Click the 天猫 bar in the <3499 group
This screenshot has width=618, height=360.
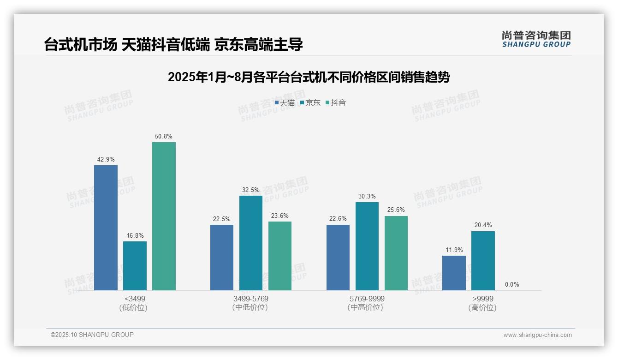tap(106, 228)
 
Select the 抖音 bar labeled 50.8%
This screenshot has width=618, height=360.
tap(164, 216)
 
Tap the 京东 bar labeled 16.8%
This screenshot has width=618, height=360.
tap(135, 265)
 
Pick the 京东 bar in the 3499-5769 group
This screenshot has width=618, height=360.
tap(251, 243)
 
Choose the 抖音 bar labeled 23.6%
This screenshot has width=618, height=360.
tap(280, 256)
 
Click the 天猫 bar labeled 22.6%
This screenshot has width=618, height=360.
tap(338, 258)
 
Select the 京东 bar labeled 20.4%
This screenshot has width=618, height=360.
tap(483, 261)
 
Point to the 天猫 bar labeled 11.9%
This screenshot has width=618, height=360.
tap(454, 273)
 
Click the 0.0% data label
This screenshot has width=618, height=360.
tap(512, 284)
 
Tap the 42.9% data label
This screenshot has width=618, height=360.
tap(106, 160)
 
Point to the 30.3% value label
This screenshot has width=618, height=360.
tap(367, 197)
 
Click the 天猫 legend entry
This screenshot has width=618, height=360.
tap(285, 103)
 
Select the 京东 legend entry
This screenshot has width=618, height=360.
tap(310, 103)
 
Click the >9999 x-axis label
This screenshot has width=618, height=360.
tap(483, 299)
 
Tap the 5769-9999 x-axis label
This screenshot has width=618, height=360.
tap(367, 299)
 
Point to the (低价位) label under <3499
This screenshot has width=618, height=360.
tap(133, 307)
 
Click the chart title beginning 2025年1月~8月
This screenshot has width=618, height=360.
tap(309, 77)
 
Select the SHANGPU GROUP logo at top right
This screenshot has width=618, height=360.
tap(536, 39)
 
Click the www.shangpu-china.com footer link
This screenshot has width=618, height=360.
tap(537, 335)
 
